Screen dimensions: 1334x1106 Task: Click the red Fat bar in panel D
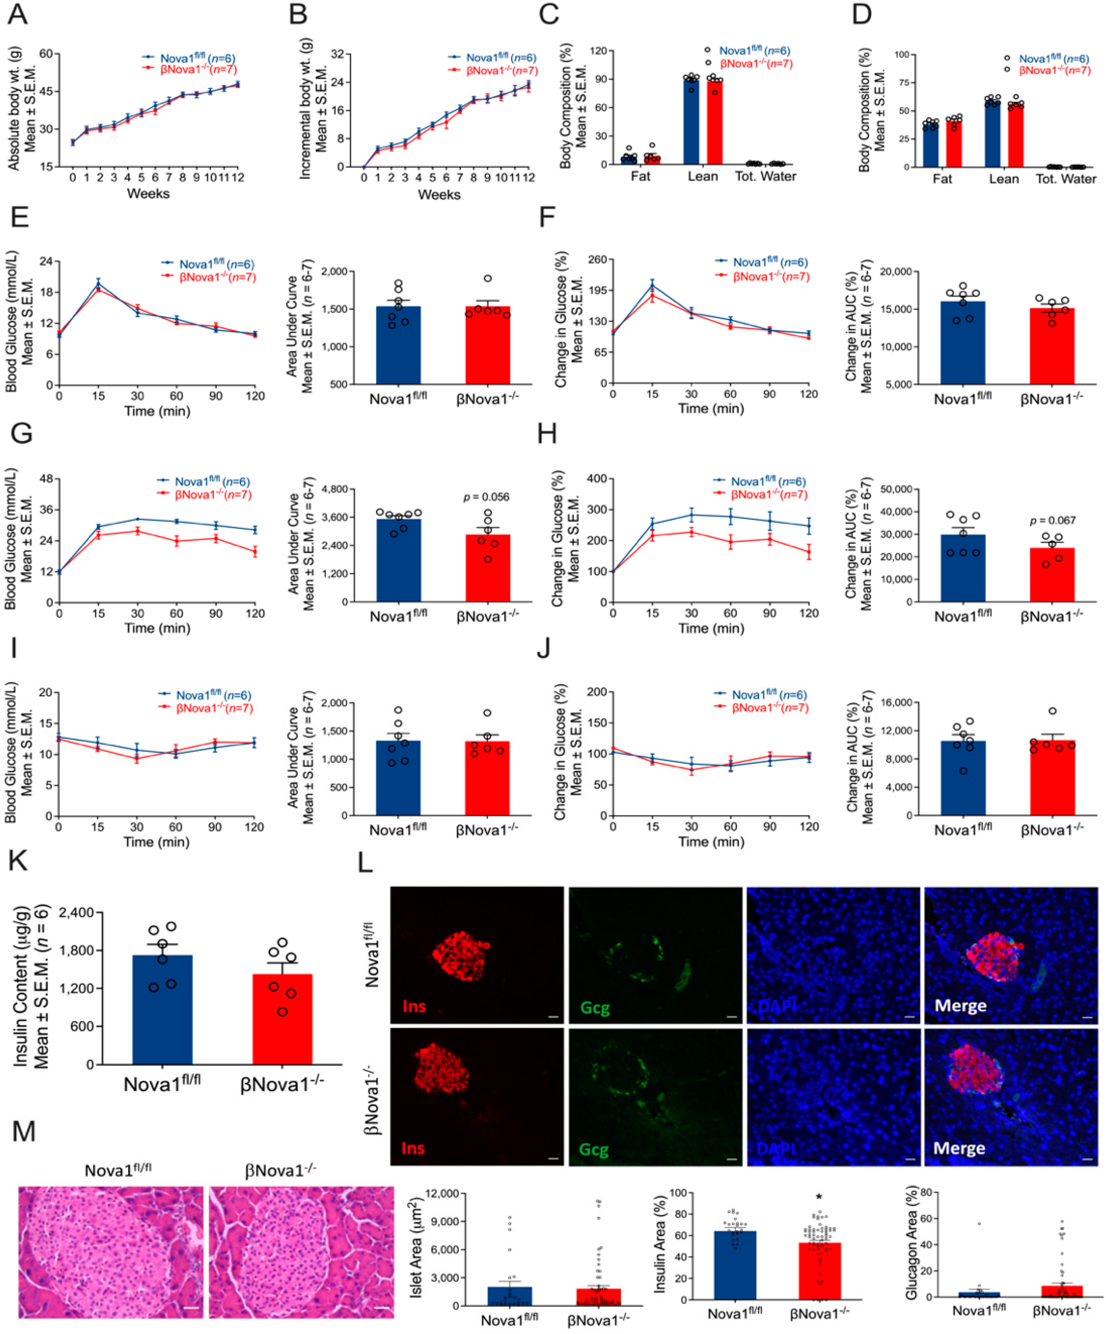tap(954, 144)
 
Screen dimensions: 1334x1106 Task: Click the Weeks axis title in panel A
tap(148, 194)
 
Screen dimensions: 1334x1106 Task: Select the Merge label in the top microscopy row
tap(960, 1005)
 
